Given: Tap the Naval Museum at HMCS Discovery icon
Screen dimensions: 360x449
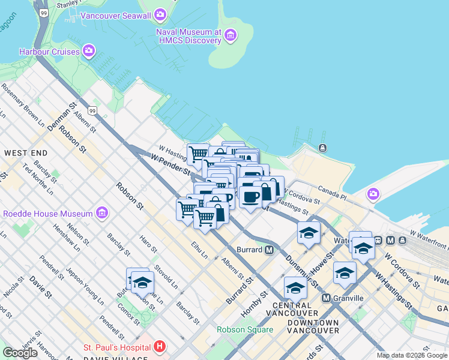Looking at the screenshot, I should (230, 37).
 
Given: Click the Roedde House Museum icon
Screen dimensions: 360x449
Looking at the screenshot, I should (101, 214).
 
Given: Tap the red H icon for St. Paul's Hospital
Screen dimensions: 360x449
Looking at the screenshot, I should (159, 347).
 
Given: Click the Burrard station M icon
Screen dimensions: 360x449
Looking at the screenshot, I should (270, 250).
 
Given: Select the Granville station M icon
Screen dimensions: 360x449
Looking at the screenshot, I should (326, 298).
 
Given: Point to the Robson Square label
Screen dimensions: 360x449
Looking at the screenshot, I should (244, 329).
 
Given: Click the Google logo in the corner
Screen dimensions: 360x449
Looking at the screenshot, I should (20, 353).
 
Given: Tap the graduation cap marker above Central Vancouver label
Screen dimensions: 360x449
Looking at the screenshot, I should (295, 288).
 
